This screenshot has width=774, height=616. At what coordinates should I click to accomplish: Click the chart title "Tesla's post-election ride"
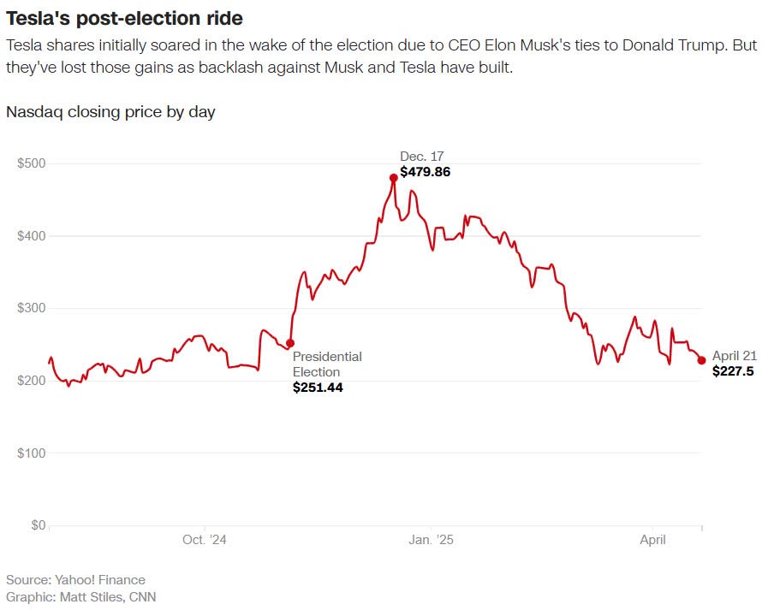[124, 17]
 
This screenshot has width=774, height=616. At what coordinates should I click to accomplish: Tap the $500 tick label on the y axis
[32, 163]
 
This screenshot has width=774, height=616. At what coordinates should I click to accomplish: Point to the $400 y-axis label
[32, 236]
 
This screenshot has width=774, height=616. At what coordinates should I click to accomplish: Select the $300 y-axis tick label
[32, 308]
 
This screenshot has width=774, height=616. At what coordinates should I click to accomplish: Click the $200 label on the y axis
[32, 381]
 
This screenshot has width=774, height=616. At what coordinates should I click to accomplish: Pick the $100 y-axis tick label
[32, 453]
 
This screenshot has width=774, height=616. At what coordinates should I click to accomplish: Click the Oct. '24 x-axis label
[205, 540]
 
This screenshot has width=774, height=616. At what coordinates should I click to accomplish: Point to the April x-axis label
[653, 540]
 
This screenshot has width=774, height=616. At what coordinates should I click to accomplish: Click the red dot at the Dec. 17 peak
[394, 178]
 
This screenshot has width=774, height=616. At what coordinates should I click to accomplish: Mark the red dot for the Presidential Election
[290, 343]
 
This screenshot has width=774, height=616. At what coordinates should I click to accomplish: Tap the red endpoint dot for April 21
[701, 360]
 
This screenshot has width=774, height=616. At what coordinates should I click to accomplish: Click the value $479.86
[425, 172]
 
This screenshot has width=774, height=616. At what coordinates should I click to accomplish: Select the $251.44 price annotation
[318, 388]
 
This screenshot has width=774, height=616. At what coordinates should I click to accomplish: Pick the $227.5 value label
[733, 371]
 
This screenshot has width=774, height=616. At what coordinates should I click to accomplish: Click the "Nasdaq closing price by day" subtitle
[110, 112]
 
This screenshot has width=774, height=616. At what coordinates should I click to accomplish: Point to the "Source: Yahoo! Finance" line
[75, 580]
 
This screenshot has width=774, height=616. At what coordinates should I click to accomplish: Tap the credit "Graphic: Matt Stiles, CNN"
[80, 596]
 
